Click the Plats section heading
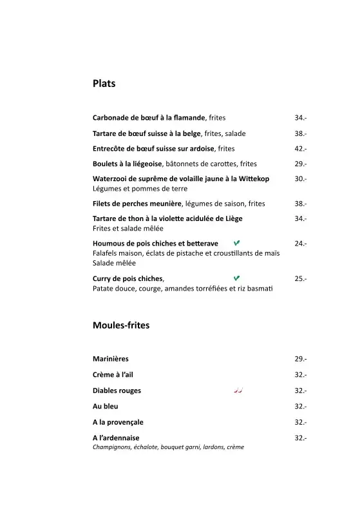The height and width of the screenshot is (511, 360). click(104, 83)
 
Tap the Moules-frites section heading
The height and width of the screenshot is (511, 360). click(121, 325)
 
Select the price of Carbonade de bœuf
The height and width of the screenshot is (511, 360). click(300, 118)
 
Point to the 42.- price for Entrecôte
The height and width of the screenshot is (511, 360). click(300, 149)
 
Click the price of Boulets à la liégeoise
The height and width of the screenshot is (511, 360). click(300, 164)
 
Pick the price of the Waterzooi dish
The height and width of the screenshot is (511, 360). click(300, 179)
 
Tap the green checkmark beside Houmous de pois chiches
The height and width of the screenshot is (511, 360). click(237, 243)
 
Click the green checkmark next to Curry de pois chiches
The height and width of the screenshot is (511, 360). click(237, 278)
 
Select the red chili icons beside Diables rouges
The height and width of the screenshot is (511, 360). click(238, 390)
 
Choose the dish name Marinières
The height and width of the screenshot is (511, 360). click(111, 359)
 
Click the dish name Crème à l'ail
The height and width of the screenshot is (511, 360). click(113, 374)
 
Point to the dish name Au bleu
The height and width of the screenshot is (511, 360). click(106, 407)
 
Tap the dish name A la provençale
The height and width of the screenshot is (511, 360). click(118, 422)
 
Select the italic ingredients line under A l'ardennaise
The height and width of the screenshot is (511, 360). click(168, 447)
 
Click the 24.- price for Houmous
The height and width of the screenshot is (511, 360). click(300, 244)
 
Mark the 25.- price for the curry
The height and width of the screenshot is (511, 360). click(300, 279)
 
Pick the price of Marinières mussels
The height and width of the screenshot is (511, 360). click(300, 359)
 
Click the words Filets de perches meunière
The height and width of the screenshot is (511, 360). click(137, 204)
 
